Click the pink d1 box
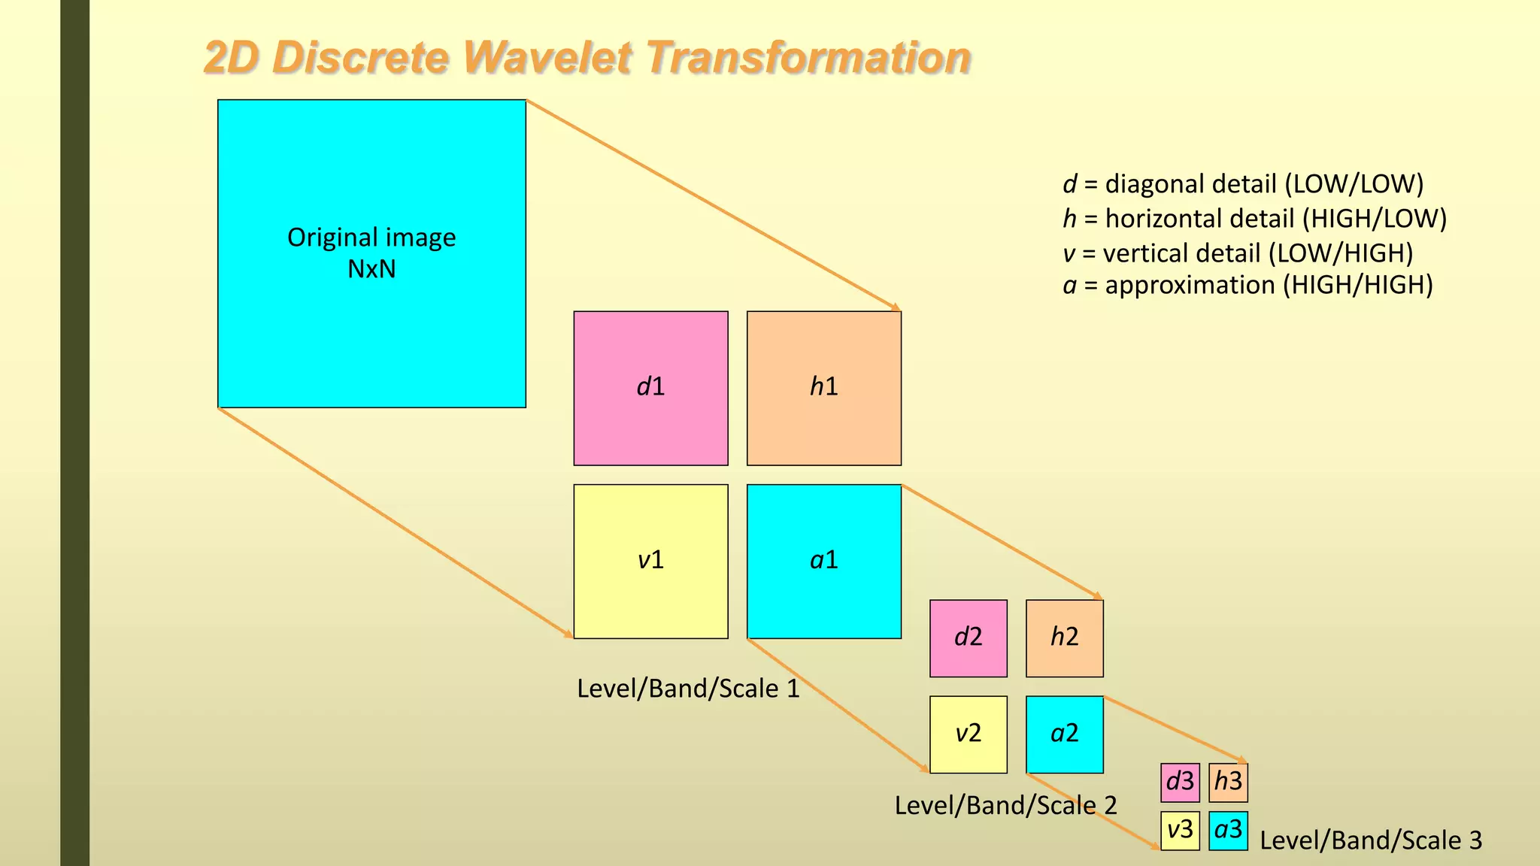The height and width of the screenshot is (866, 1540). click(x=650, y=388)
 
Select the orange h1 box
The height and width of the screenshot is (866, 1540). click(x=823, y=388)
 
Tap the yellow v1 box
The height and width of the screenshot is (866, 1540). click(x=650, y=561)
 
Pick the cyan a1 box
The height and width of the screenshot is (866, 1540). click(x=823, y=561)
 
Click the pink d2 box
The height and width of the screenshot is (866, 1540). click(x=968, y=637)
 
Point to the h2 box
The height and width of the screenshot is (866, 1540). click(x=1064, y=637)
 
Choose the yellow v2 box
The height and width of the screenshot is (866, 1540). click(x=968, y=734)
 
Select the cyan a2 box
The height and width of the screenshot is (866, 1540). click(x=1064, y=734)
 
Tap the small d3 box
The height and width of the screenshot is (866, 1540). click(x=1180, y=782)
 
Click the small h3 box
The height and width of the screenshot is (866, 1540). click(x=1228, y=782)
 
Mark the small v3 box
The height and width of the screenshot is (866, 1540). click(x=1180, y=830)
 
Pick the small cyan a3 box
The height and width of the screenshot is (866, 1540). click(x=1228, y=830)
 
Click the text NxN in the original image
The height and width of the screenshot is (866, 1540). click(x=371, y=269)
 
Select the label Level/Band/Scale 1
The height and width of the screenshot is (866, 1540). click(x=688, y=689)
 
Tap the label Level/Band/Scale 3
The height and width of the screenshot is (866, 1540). click(x=1370, y=840)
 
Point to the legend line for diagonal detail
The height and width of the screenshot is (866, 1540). click(x=1242, y=184)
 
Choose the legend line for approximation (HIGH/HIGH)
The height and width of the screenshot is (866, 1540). click(x=1247, y=286)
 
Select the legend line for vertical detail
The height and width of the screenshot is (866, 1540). click(x=1238, y=253)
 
